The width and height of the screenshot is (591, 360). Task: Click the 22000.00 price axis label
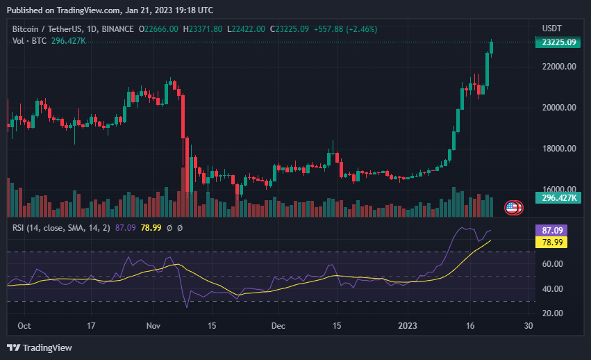(560, 67)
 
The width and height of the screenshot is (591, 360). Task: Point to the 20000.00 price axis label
(560, 108)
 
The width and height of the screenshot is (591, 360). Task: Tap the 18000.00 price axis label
(560, 149)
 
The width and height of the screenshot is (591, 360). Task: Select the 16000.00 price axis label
(560, 189)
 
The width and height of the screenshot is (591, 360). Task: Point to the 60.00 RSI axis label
(553, 264)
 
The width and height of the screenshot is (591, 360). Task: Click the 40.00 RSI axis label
(553, 289)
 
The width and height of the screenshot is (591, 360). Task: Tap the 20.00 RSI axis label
(553, 313)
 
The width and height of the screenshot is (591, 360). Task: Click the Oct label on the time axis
(24, 325)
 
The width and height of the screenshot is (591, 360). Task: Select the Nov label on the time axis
(153, 325)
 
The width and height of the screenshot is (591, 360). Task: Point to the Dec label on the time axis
(278, 325)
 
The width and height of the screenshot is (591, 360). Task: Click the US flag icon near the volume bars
(513, 207)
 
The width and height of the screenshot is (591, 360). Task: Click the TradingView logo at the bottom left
(40, 347)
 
